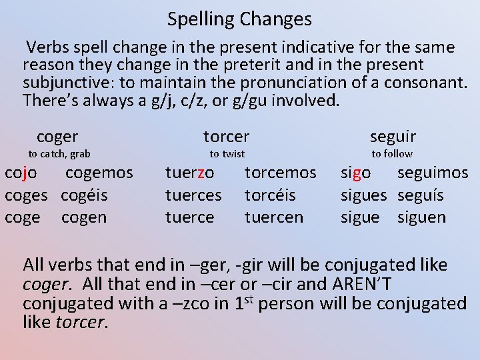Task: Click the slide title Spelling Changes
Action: [239, 19]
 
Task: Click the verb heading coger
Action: [57, 137]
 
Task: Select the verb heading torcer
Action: [226, 137]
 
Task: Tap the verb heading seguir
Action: [393, 137]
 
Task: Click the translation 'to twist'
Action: [227, 154]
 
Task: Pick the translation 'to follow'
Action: [392, 154]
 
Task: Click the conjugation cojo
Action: [21, 173]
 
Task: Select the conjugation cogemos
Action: [99, 173]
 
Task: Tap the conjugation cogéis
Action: [84, 195]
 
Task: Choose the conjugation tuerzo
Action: [190, 173]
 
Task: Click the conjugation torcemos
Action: [281, 173]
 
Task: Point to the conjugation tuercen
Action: [274, 217]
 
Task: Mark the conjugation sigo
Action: [355, 173]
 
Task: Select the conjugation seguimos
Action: [433, 173]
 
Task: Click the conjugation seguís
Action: [421, 195]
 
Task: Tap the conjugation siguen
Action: [422, 217]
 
